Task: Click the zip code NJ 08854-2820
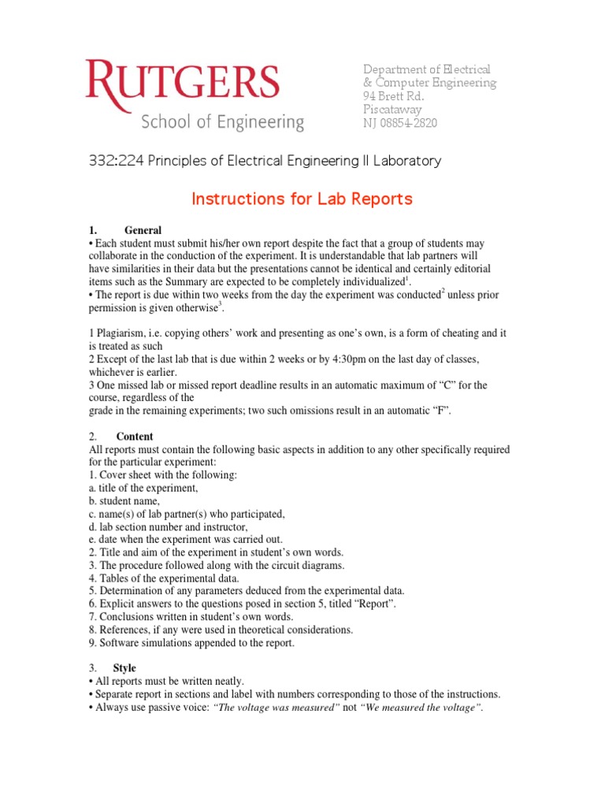point(399,123)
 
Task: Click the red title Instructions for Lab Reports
point(302,199)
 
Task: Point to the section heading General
point(143,230)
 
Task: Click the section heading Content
point(135,437)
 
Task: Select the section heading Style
point(124,668)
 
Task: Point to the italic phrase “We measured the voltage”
point(421,708)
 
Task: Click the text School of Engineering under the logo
point(222,123)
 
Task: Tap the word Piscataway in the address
point(392,110)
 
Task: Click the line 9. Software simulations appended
point(191,643)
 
